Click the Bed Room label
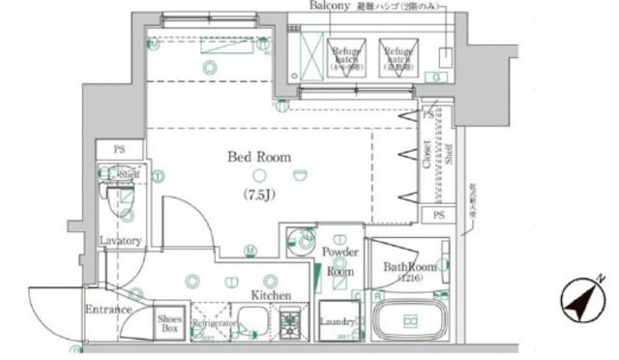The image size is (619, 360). (x=258, y=157)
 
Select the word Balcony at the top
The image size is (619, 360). (x=330, y=7)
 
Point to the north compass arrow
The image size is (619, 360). (x=585, y=301)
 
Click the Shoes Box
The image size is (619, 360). (x=169, y=323)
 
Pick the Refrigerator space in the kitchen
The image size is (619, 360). (x=214, y=324)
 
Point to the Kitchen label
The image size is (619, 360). (x=272, y=294)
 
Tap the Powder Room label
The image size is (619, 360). (x=339, y=261)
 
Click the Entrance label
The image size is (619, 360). (x=108, y=310)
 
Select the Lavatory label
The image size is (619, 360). (x=121, y=241)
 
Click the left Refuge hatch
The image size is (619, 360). (x=346, y=58)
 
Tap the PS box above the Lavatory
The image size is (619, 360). (x=120, y=150)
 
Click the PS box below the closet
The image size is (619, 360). (x=439, y=215)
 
